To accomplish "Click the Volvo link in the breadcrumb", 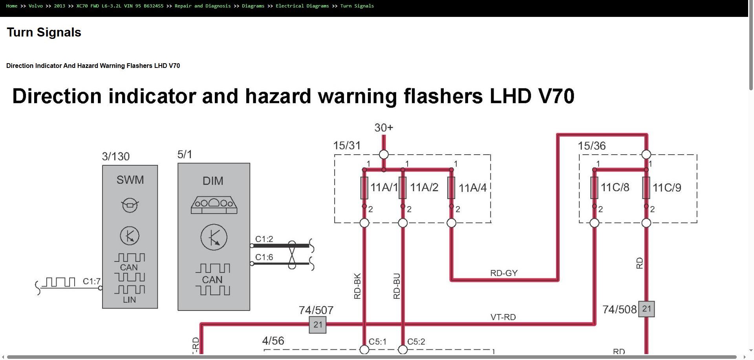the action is [36, 6].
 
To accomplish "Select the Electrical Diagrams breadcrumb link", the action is [302, 6].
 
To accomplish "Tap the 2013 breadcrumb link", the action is [60, 6].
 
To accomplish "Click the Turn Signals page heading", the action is [44, 32].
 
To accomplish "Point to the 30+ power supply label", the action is [384, 128].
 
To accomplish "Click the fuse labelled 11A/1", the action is [364, 188].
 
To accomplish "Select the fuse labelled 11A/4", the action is [451, 188].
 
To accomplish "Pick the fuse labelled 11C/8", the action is [595, 188].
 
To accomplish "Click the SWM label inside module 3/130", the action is [130, 180].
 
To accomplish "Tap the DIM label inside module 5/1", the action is [213, 181].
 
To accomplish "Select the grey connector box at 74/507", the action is [318, 325].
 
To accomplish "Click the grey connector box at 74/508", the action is [646, 309].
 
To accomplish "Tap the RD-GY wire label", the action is [504, 273].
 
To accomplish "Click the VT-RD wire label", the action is [503, 317].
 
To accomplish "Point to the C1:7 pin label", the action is [92, 281].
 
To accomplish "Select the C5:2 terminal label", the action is [416, 342].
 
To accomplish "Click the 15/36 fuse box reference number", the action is [592, 146].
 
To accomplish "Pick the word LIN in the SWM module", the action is [130, 300].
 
